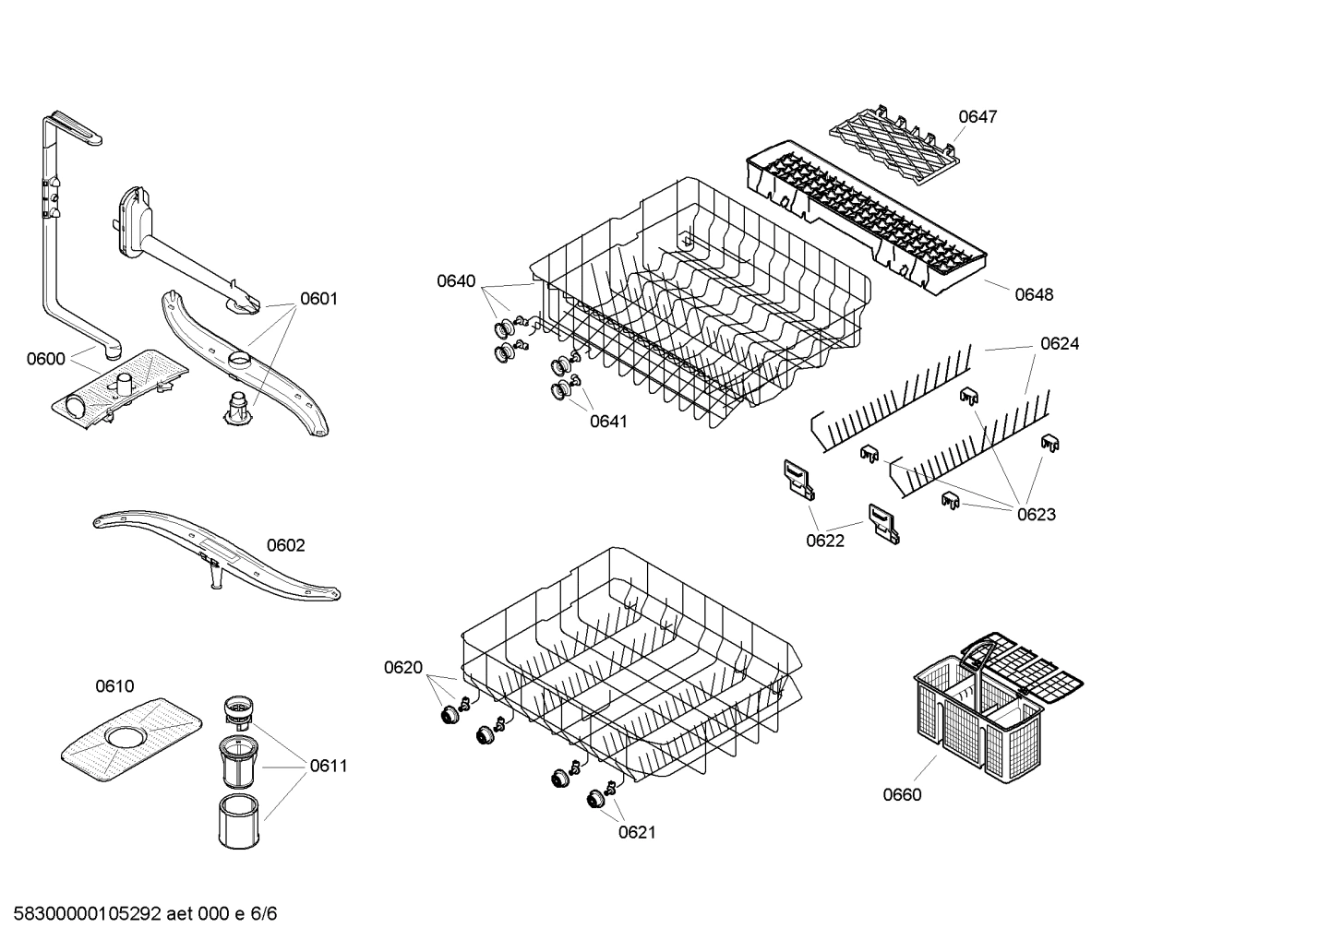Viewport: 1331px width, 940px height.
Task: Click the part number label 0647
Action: click(x=977, y=116)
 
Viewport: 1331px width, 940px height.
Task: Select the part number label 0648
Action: click(x=1033, y=294)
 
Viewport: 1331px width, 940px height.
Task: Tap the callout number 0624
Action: click(x=1059, y=343)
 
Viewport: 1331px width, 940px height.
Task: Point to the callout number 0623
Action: click(x=1036, y=514)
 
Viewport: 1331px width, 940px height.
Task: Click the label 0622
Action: click(x=824, y=541)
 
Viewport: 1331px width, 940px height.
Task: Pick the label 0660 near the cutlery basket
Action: click(x=901, y=794)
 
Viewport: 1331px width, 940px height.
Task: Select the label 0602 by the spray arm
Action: click(x=285, y=545)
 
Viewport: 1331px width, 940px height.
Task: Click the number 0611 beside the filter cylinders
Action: click(x=328, y=765)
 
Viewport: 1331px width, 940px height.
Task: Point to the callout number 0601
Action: click(x=318, y=298)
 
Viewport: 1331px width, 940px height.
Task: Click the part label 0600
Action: click(x=45, y=359)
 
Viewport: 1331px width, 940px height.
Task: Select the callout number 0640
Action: click(x=456, y=280)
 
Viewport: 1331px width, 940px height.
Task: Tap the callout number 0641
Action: click(x=608, y=422)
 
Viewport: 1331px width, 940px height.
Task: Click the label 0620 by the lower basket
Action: click(x=402, y=667)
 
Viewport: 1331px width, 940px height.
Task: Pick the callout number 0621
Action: click(x=636, y=832)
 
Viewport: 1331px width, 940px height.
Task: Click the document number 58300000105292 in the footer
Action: click(x=83, y=914)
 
